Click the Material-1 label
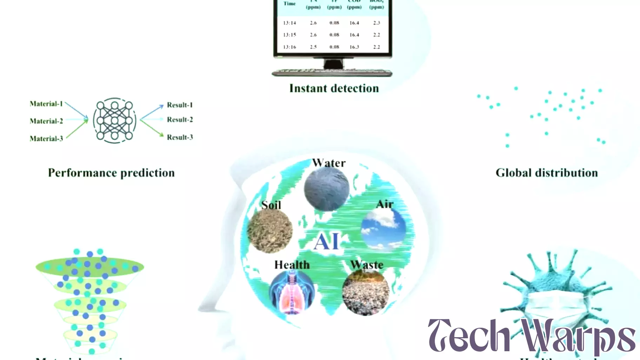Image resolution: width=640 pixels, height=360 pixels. point(46,104)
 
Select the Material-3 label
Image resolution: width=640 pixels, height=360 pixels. point(46,139)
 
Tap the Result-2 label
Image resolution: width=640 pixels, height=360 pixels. point(180,120)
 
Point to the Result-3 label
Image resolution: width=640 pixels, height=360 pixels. point(180,137)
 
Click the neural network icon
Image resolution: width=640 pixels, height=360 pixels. point(114,120)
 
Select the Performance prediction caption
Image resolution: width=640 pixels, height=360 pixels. point(111,173)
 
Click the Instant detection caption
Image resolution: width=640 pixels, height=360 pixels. point(334,88)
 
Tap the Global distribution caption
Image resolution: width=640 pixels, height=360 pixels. point(546,173)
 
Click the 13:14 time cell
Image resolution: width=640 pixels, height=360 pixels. point(289,23)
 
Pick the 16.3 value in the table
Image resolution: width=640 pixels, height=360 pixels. point(354,47)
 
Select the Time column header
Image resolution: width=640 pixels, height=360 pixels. point(289,4)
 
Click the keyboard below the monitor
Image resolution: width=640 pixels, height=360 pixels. point(332,73)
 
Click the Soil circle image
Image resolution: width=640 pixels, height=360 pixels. point(269,231)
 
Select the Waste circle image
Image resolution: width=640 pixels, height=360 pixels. point(366,292)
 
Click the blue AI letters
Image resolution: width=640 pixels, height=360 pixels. point(327,242)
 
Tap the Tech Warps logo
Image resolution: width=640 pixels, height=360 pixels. point(531,335)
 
